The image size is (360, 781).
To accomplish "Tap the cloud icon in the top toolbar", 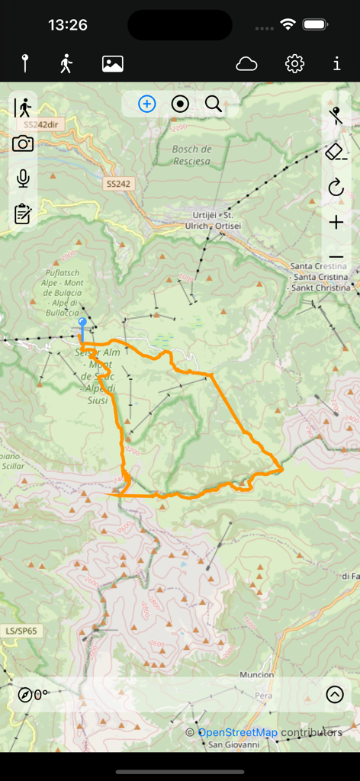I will click(x=246, y=64).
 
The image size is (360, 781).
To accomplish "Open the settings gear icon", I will click(x=294, y=64).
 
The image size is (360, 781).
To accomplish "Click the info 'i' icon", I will click(x=336, y=64).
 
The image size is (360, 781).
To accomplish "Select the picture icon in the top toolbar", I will click(x=113, y=64).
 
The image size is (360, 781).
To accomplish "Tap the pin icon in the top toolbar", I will click(x=25, y=64).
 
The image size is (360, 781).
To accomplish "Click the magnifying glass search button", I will click(x=214, y=104).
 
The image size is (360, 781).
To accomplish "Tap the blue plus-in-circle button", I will click(x=147, y=104).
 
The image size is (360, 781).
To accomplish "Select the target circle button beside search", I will click(x=180, y=104).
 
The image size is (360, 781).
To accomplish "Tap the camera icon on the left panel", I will click(x=23, y=143).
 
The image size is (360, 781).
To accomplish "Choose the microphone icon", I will click(x=23, y=178).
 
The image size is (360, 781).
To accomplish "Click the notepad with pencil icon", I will click(x=23, y=214).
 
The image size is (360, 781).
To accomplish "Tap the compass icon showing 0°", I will click(x=26, y=695).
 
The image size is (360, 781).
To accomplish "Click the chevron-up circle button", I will click(x=334, y=694).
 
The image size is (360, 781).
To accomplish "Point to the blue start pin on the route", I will click(x=82, y=326).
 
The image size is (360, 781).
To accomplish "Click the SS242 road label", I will click(x=118, y=184).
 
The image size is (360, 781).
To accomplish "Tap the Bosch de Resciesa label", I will click(x=191, y=155).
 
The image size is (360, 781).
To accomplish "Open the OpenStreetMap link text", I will click(x=237, y=733).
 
